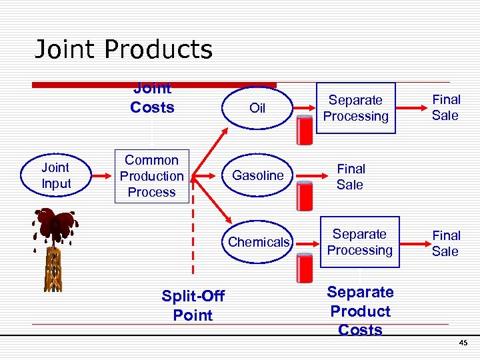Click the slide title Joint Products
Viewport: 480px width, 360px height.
(x=123, y=49)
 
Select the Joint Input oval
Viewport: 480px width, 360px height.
(x=56, y=176)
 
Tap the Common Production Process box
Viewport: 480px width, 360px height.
(x=152, y=176)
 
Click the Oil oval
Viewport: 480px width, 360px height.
(x=257, y=108)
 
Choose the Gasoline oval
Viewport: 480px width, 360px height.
(x=257, y=176)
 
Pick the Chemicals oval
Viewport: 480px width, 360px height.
(x=259, y=242)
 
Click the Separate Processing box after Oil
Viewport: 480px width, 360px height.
(x=355, y=108)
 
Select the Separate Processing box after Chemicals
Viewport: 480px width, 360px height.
(x=360, y=242)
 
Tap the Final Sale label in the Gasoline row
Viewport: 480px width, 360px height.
(x=350, y=177)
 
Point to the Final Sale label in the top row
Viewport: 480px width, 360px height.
(x=445, y=107)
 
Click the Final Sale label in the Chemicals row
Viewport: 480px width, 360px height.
(x=445, y=243)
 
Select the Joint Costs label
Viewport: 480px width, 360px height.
(x=152, y=99)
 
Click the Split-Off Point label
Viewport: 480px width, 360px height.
(x=193, y=305)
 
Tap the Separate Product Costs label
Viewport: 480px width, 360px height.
(x=360, y=311)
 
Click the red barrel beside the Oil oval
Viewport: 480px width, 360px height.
(x=305, y=129)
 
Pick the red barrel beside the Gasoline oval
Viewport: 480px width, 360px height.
(x=305, y=197)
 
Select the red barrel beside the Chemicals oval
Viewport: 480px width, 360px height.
(x=305, y=267)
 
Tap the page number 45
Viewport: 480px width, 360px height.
(x=463, y=343)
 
